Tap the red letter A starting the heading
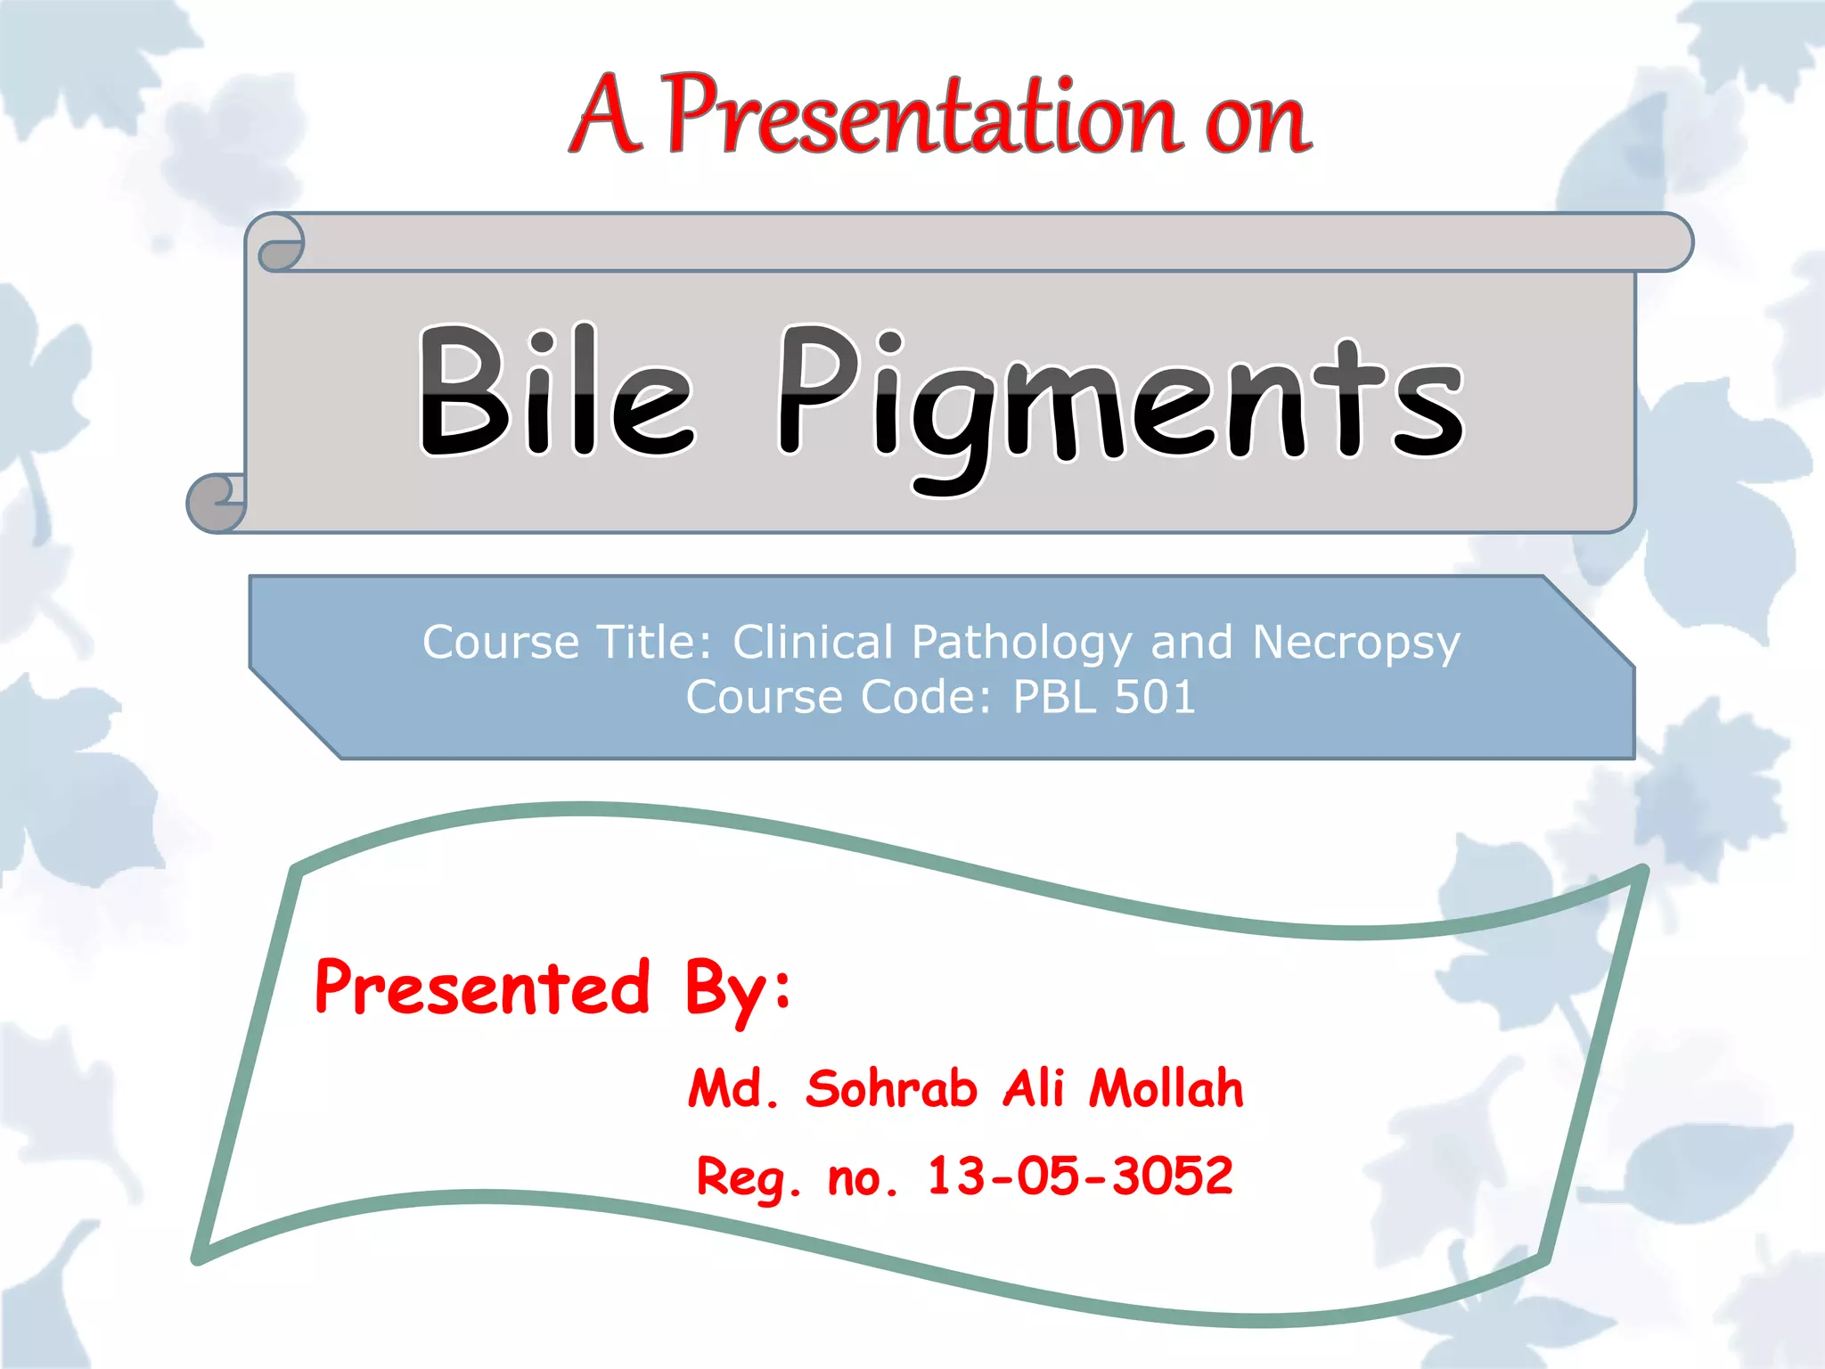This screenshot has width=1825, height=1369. click(x=606, y=116)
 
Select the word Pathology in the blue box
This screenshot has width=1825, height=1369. click(x=1022, y=643)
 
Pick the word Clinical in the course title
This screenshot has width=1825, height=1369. click(x=813, y=643)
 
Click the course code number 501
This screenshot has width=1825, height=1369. click(x=1155, y=697)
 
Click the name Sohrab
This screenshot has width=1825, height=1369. click(x=891, y=1088)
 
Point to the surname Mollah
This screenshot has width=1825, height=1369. click(x=1166, y=1088)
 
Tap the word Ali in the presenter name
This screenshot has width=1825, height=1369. click(x=1034, y=1088)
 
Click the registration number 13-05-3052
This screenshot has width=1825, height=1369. click(x=1080, y=1176)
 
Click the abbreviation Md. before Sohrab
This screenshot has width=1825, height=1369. click(x=733, y=1089)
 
